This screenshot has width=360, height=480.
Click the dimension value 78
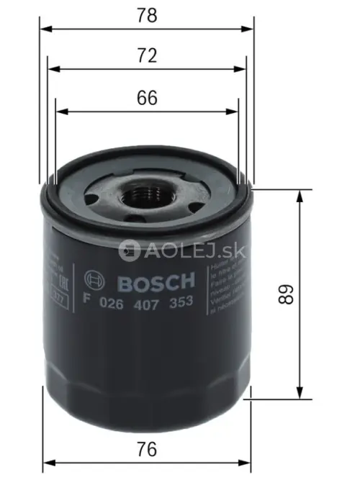coord(147,14)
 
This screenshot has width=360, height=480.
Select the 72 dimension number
coord(147,55)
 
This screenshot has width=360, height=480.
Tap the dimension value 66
coord(147,99)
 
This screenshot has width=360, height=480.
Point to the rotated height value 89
coord(287,295)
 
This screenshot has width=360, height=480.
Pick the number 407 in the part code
coord(145,302)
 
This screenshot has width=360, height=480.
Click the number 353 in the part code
coord(179,302)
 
